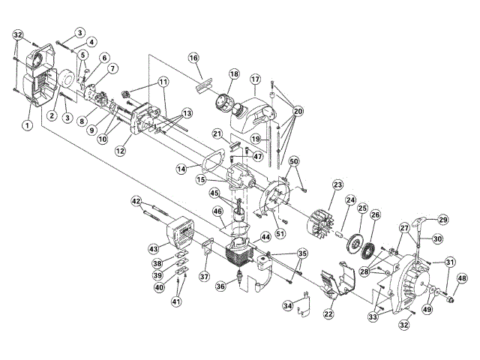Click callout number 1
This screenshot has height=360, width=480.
(27, 126)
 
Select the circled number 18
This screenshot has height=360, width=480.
(235, 74)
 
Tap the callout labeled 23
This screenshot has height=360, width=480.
(337, 184)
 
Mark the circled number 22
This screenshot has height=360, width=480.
(328, 313)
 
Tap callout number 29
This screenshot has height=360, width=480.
(442, 219)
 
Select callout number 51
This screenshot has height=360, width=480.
(280, 233)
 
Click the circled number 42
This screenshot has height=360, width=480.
(136, 201)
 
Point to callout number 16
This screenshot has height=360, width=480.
(193, 58)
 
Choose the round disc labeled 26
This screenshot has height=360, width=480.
(370, 244)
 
